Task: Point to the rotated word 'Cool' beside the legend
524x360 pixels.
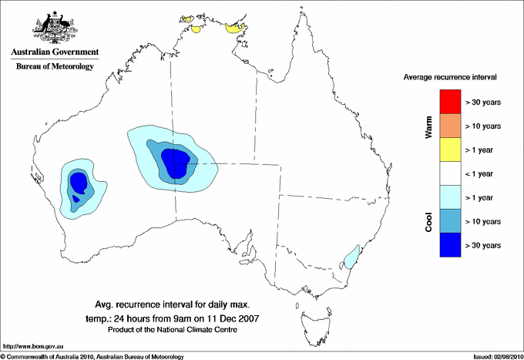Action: (x=428, y=220)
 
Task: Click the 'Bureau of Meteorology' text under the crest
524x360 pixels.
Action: (x=55, y=66)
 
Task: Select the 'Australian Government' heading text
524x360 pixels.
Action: (x=55, y=52)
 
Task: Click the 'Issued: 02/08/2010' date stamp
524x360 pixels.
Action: (x=493, y=356)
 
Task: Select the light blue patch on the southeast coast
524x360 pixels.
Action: (x=351, y=256)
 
